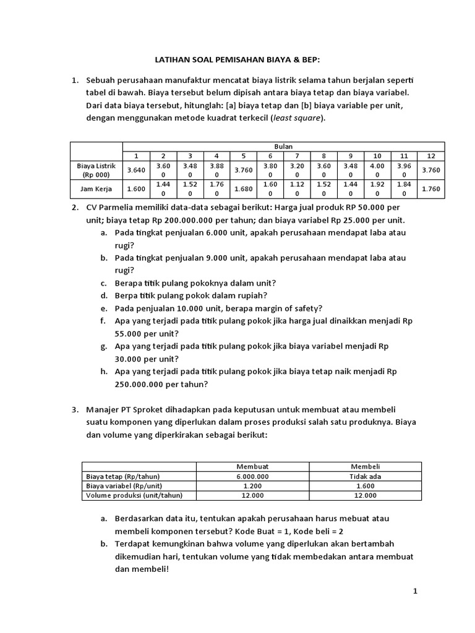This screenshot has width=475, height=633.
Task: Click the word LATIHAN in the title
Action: [x=170, y=61]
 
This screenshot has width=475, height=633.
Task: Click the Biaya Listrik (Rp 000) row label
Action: [x=96, y=170]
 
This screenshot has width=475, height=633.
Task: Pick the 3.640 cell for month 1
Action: [x=135, y=170]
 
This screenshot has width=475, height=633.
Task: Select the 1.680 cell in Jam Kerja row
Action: [x=244, y=189]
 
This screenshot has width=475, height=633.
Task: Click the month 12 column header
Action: [x=432, y=156]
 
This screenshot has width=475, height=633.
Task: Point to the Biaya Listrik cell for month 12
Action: [x=432, y=170]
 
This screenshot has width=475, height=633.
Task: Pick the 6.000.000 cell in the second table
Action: [x=252, y=476]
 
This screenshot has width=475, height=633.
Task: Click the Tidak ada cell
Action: [x=365, y=476]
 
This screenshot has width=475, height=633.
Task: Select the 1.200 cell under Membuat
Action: [x=252, y=486]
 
